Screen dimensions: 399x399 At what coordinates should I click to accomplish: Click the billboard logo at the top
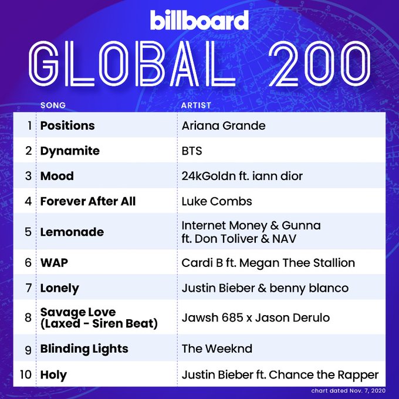coord(199,20)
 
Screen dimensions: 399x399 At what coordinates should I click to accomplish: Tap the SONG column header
coord(53,105)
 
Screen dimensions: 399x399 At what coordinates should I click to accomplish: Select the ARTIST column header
coord(196,105)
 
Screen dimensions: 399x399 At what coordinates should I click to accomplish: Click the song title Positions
coord(67,126)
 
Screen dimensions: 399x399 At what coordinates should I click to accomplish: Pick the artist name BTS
coord(192,151)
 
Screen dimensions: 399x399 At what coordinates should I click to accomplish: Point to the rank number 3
coord(28,176)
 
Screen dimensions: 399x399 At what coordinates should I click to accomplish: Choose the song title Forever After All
coord(88,201)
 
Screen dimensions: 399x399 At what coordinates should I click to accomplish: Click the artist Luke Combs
coord(217,201)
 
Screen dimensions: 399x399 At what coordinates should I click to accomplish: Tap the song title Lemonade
coord(72,232)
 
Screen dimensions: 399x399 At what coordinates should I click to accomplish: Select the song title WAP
coord(54,263)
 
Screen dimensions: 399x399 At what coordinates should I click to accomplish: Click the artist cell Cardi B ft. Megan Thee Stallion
coord(268,263)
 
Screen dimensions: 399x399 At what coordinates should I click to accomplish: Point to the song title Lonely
coord(59,289)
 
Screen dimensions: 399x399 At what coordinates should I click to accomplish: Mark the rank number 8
coord(28,317)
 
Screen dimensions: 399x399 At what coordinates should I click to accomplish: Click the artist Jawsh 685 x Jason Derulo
coord(256,317)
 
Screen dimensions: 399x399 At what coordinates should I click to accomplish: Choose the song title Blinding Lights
coord(84,349)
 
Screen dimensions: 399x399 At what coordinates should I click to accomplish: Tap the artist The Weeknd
coord(217,349)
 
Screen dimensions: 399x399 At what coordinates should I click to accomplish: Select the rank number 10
coord(26,374)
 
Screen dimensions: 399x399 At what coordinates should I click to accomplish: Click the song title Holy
coord(53,375)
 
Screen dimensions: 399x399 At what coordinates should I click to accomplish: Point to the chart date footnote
coord(348,391)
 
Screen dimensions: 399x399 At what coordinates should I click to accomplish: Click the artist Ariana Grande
coord(224,126)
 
